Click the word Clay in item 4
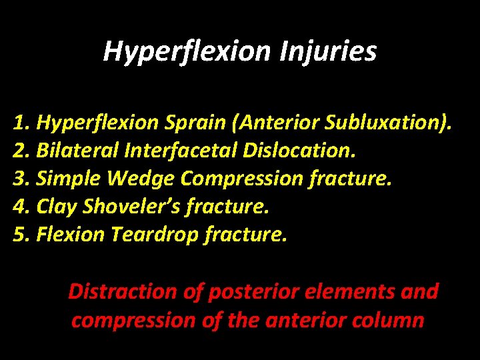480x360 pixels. pos(57,206)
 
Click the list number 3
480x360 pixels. pos(20,178)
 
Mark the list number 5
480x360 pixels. pos(20,234)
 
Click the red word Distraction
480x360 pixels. pos(123,291)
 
